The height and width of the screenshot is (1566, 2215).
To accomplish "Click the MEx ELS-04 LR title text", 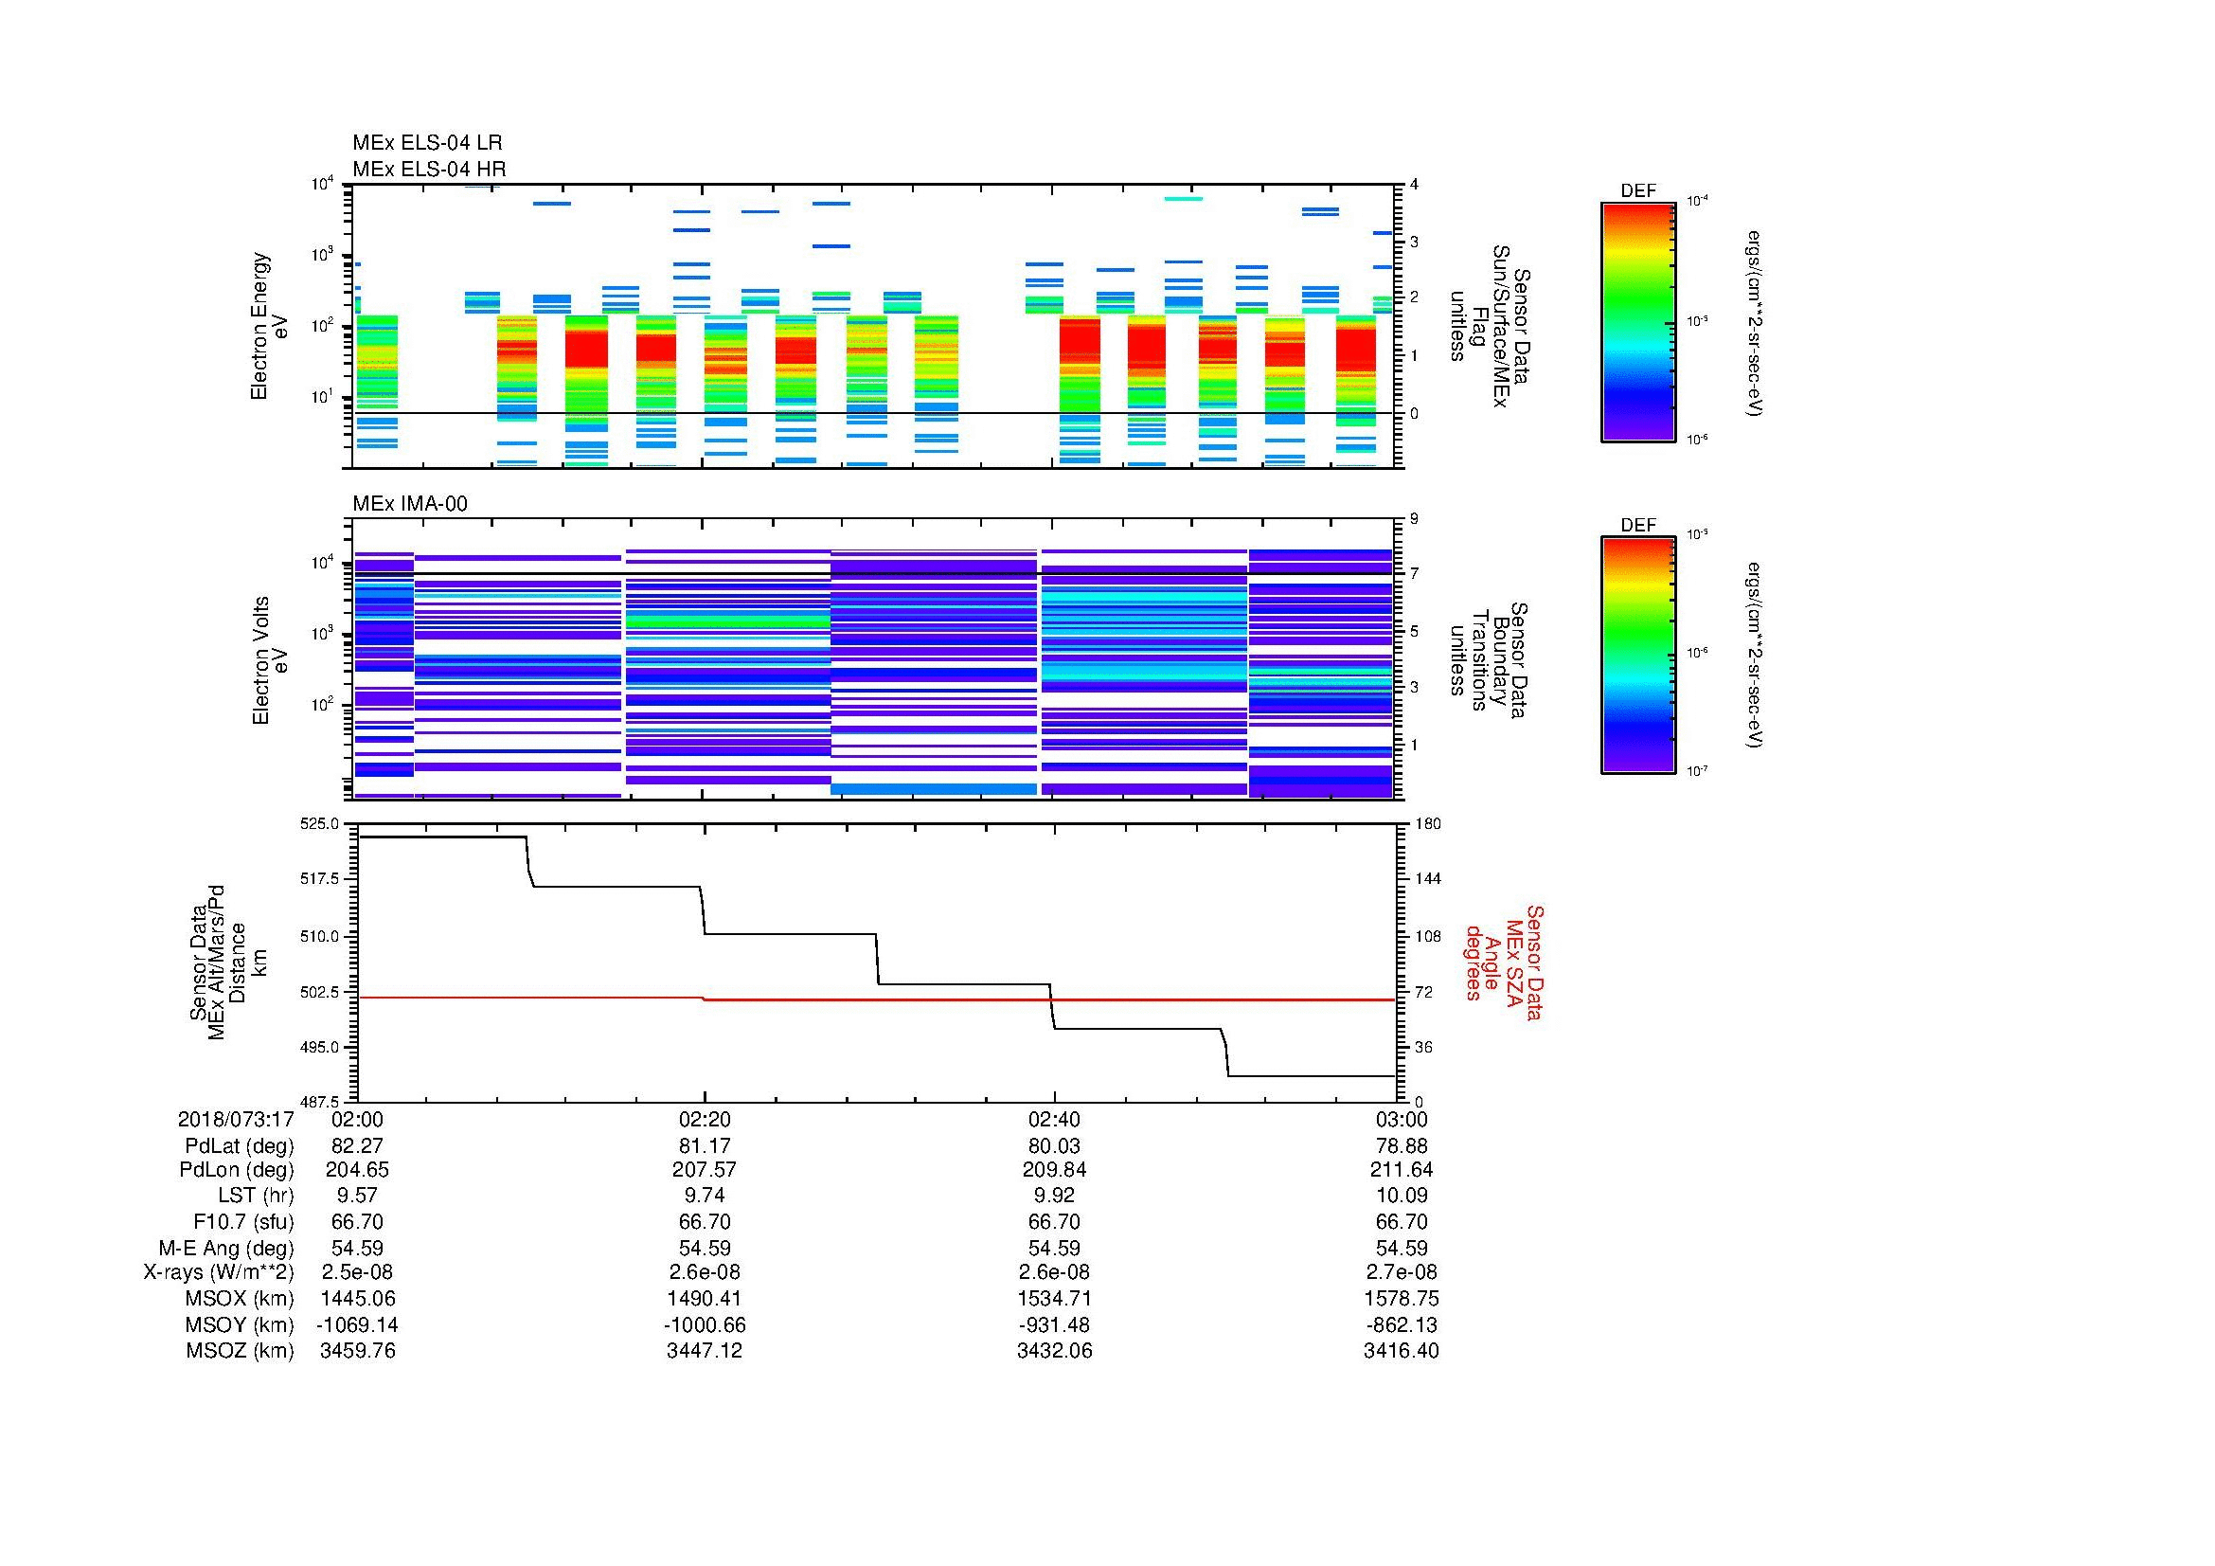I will (426, 143).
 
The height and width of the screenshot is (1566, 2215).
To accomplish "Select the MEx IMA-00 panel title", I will (410, 504).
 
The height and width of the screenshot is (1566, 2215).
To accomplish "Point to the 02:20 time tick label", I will (705, 1120).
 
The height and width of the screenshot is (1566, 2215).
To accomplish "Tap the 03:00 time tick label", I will (1402, 1120).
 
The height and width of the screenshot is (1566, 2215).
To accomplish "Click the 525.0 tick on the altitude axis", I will (322, 824).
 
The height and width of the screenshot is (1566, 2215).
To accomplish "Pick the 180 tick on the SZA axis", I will (1428, 824).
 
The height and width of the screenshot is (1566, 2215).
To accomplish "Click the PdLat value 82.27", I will (357, 1146).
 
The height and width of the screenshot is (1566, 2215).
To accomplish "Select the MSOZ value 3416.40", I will (1401, 1351).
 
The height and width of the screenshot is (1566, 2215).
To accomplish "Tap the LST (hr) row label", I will (256, 1196).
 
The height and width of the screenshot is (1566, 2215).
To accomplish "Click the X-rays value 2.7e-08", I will (1402, 1272).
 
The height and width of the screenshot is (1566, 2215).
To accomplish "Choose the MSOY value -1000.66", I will (705, 1324).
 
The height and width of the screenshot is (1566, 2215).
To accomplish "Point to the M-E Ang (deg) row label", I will (225, 1248).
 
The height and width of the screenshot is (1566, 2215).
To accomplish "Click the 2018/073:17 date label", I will (236, 1120).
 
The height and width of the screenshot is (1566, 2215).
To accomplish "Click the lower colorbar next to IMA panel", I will (1637, 657).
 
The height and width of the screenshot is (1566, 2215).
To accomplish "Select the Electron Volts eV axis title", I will (270, 660).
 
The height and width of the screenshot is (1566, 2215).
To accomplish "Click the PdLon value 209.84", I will (1053, 1169).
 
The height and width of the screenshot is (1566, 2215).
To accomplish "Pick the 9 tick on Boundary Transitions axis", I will (1414, 519).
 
